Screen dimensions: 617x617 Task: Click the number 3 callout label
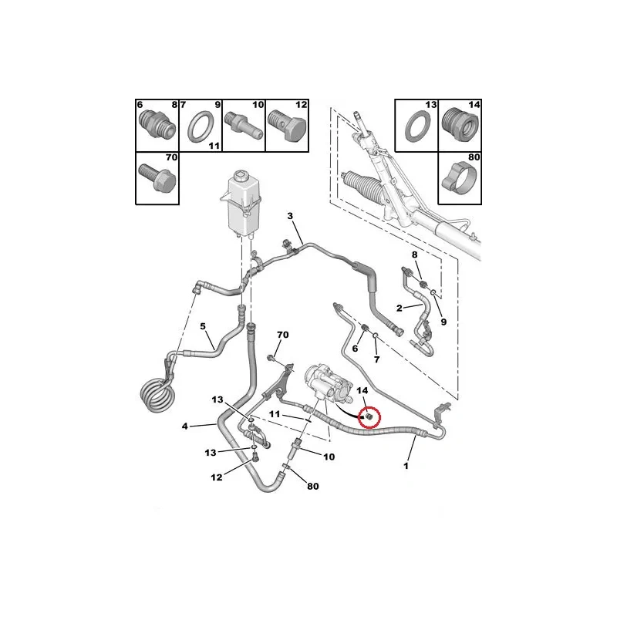click(290, 216)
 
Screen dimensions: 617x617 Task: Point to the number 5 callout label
click(203, 326)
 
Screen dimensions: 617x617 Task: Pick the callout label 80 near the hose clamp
click(313, 487)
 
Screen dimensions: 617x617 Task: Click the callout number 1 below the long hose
click(406, 466)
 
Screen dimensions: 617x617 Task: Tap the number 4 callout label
click(184, 426)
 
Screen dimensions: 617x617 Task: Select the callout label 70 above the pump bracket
click(282, 335)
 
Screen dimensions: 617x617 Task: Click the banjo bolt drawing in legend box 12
click(287, 126)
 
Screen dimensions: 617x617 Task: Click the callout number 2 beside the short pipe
click(399, 308)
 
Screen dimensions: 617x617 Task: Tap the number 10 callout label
click(329, 457)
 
